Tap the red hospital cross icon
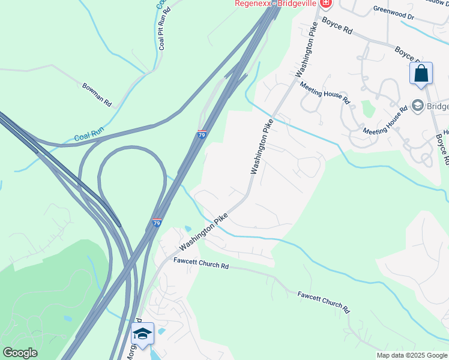325,4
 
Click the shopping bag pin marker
421,74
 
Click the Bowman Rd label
97,94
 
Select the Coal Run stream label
89,136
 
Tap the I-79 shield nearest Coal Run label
202,134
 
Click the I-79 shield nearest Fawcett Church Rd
157,223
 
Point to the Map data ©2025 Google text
411,355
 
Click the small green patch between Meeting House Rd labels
367,109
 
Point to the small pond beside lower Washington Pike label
188,229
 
